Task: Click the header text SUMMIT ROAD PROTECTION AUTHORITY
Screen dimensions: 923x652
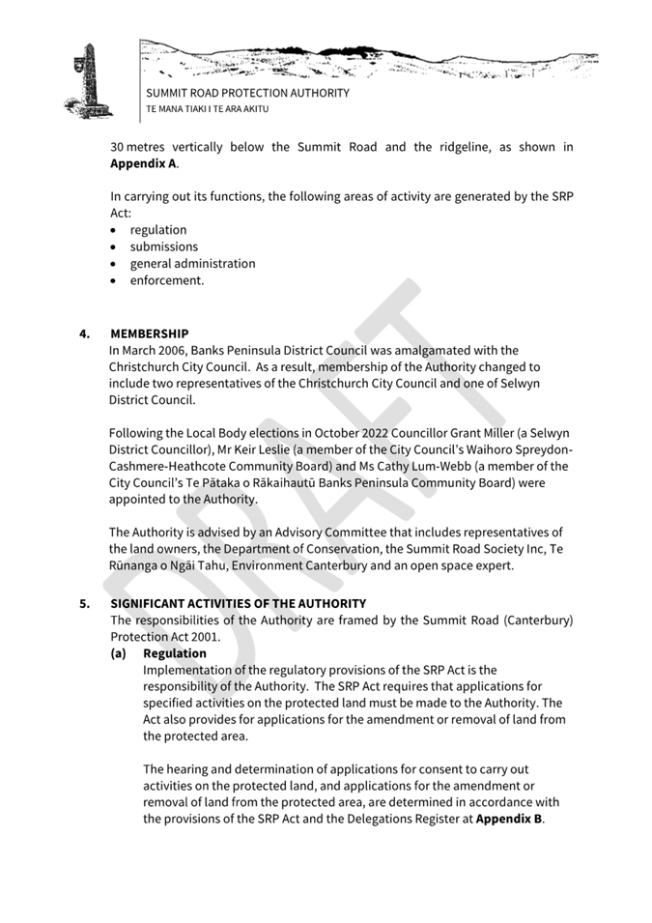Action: point(247,94)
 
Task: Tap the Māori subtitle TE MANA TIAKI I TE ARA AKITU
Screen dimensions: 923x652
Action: point(207,109)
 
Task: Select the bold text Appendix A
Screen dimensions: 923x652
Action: point(143,163)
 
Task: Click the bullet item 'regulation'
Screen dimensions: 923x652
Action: point(158,230)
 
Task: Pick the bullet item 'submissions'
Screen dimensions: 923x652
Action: point(163,246)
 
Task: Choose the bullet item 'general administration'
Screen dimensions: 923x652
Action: point(192,263)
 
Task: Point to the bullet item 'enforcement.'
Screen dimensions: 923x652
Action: point(167,280)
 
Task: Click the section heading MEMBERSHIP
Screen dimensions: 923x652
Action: point(150,333)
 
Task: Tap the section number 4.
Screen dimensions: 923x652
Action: point(85,333)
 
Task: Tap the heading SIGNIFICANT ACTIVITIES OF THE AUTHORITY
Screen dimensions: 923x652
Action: point(238,604)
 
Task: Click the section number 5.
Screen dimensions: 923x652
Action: point(85,604)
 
